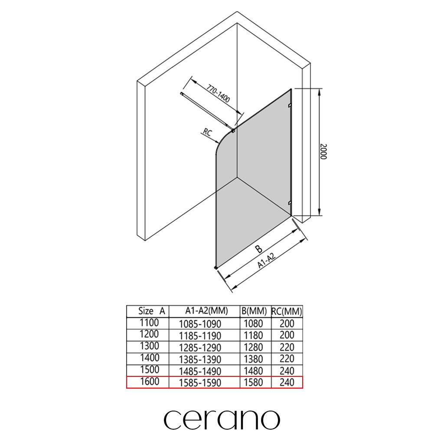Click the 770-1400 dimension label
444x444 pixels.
(x=218, y=94)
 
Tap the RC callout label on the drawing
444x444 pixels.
(x=208, y=132)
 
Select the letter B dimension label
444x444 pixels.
(x=259, y=249)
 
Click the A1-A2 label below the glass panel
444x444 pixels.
(x=267, y=261)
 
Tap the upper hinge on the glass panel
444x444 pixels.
(x=290, y=105)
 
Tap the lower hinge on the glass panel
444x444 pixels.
(x=290, y=203)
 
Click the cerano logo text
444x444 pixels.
(x=222, y=419)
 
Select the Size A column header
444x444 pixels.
(x=151, y=311)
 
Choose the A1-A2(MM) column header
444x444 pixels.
(x=206, y=311)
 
